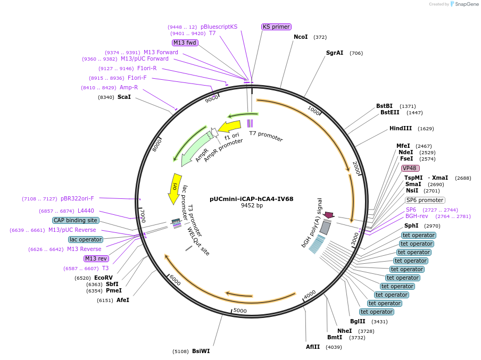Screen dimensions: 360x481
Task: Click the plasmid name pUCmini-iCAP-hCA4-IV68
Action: coord(251,199)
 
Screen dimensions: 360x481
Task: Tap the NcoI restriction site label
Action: coord(301,37)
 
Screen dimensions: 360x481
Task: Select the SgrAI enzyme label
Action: coord(335,53)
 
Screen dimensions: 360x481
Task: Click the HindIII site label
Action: coord(400,129)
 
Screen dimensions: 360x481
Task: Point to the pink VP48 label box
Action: coord(410,168)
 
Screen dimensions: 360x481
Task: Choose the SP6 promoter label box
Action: coord(425,200)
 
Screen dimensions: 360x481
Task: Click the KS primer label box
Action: coord(276,27)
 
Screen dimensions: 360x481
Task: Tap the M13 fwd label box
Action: coord(185,43)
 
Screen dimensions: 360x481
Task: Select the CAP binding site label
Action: coord(76,220)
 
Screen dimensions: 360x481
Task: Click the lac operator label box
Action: coord(85,239)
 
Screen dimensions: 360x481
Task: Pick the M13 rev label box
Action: coord(96,258)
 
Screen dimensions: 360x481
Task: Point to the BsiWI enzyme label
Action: coord(201,351)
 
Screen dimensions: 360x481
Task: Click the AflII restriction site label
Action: coord(313,347)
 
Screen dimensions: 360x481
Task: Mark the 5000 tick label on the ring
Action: coord(240,311)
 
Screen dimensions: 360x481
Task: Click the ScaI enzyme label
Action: coord(123,97)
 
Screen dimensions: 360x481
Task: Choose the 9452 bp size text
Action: coord(252,206)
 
